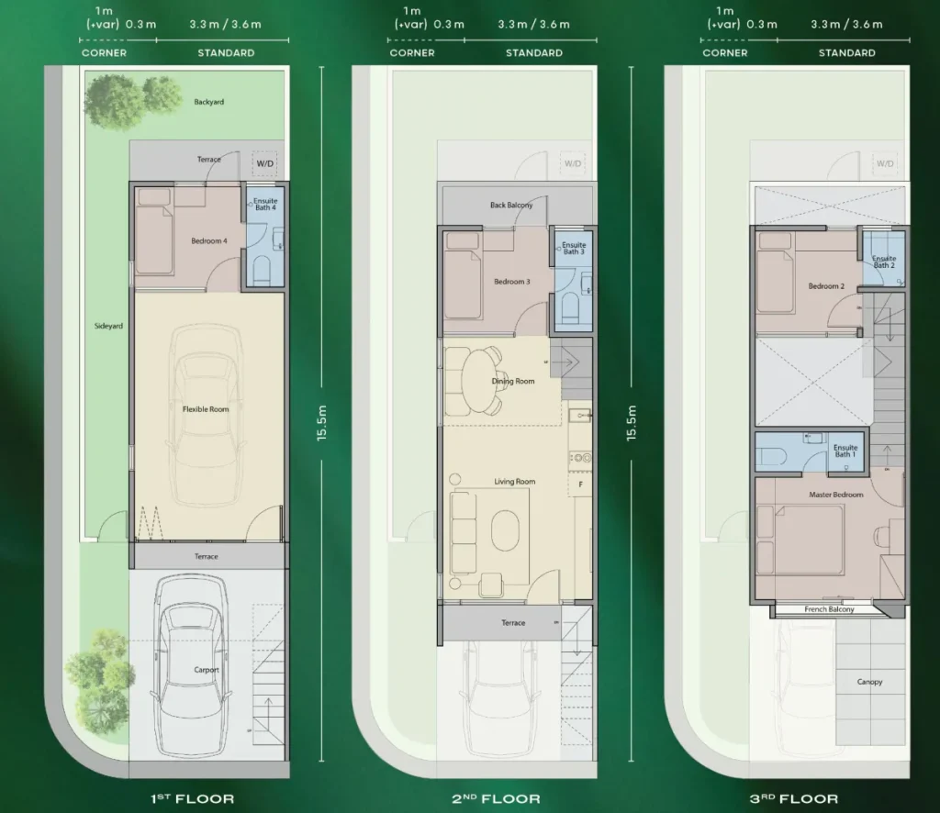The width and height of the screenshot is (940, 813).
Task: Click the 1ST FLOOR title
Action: tap(192, 798)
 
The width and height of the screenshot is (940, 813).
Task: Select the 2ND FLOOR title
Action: tap(498, 798)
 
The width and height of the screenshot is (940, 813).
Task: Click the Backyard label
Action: tap(208, 102)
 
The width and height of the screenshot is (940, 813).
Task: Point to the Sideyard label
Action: tap(108, 326)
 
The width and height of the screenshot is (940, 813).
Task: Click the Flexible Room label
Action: tap(206, 409)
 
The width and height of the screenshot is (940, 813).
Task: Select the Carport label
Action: tap(207, 670)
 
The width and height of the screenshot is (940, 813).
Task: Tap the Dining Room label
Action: tap(512, 381)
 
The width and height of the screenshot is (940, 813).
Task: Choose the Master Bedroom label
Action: tap(835, 495)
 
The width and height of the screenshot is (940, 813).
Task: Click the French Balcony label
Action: tap(829, 609)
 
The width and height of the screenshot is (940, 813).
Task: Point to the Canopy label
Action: tap(869, 682)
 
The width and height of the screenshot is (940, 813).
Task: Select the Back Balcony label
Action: tap(511, 206)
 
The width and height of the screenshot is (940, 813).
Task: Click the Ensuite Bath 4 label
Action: tap(265, 204)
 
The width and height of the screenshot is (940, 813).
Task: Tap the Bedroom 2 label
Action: tap(825, 286)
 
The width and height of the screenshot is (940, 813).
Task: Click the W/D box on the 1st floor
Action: tap(264, 163)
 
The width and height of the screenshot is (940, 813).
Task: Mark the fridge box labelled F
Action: tap(580, 484)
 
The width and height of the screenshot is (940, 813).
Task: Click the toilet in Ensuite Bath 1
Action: tap(770, 452)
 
